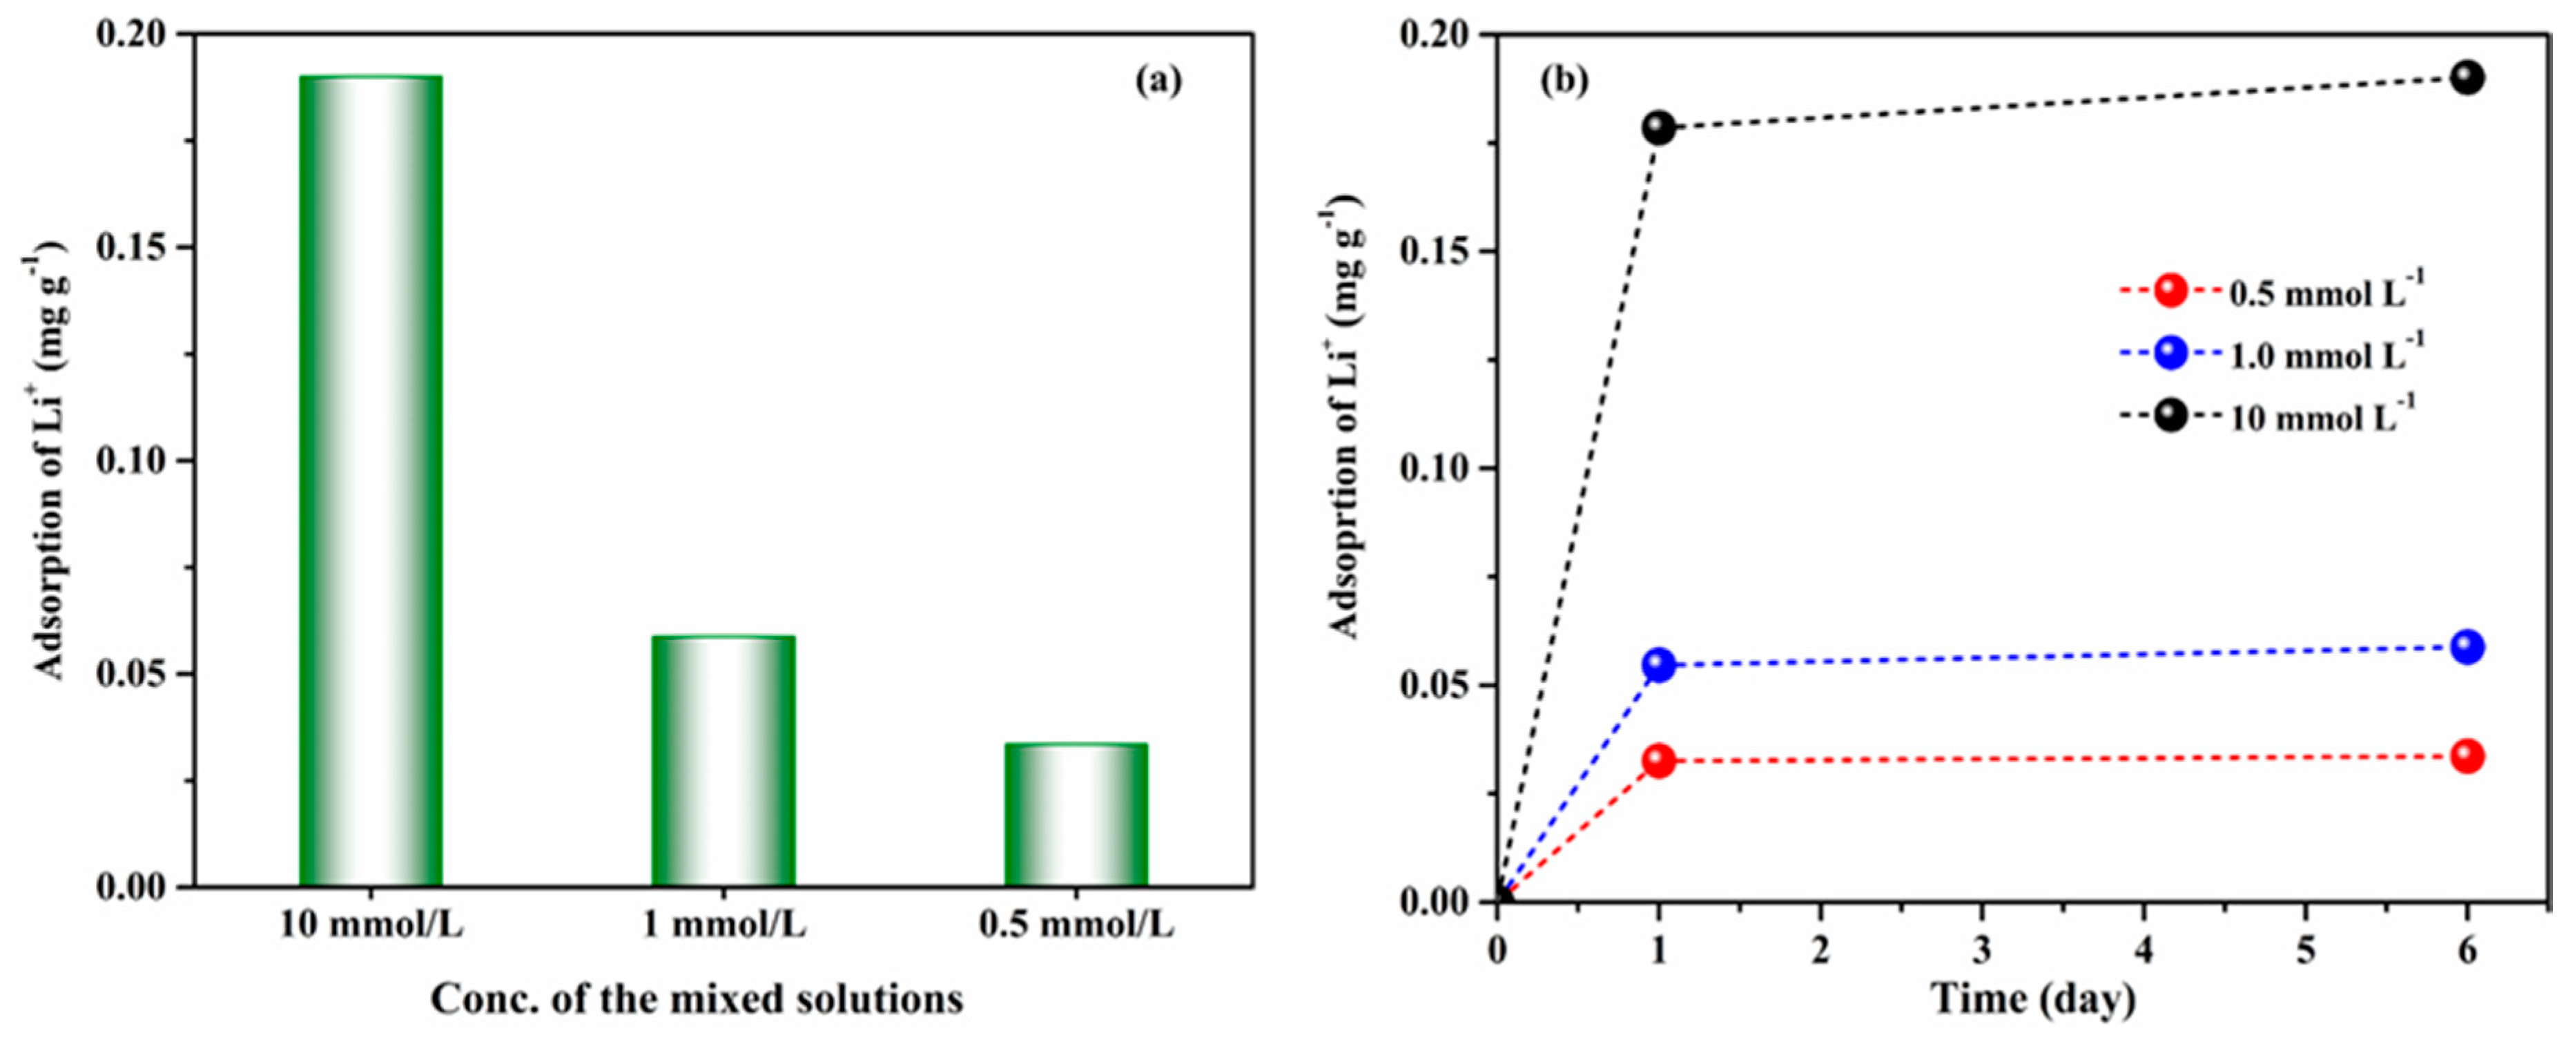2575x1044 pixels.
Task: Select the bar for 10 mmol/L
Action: pos(371,480)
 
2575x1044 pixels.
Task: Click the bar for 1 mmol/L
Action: pos(723,760)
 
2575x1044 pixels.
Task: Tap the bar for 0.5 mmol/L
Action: pos(1076,814)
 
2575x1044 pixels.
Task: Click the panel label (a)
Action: pos(1158,80)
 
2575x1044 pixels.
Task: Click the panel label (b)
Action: pos(1564,80)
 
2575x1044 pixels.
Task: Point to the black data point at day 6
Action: pos(2467,77)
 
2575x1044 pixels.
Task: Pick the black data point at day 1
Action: pos(1658,127)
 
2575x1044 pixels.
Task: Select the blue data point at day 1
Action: pos(1658,664)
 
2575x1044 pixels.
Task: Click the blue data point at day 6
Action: pos(2467,647)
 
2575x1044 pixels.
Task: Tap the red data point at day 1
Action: pos(1658,761)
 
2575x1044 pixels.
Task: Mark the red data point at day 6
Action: pos(2467,756)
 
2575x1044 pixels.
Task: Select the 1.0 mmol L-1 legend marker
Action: pos(2170,353)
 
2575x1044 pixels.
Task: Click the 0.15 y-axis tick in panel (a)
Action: pos(130,248)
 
